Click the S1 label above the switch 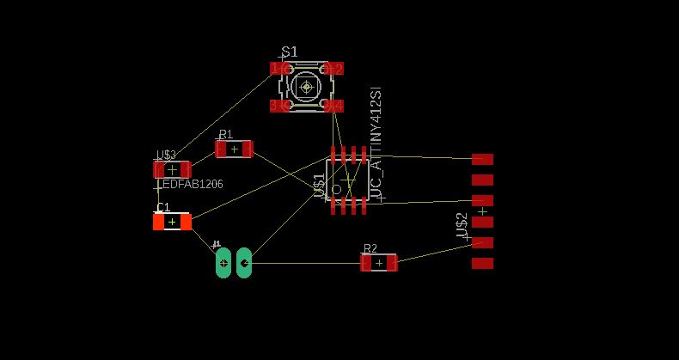(x=290, y=52)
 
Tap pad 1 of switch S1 (x=278, y=68)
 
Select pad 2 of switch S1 (x=334, y=68)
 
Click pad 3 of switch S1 (x=278, y=105)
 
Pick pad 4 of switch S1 (x=334, y=105)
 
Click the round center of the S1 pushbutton (x=306, y=86)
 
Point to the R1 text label (x=225, y=134)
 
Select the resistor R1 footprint (x=234, y=149)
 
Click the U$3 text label (x=166, y=156)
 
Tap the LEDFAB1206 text (x=191, y=184)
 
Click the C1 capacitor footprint (x=172, y=222)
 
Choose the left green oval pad (x=223, y=263)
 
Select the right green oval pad (x=244, y=263)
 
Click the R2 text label (x=370, y=248)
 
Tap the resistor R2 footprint (x=379, y=263)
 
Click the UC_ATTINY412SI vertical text (x=375, y=143)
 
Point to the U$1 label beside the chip (x=319, y=186)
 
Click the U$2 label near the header (x=462, y=225)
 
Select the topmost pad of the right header (x=482, y=159)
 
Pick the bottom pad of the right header (x=482, y=263)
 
